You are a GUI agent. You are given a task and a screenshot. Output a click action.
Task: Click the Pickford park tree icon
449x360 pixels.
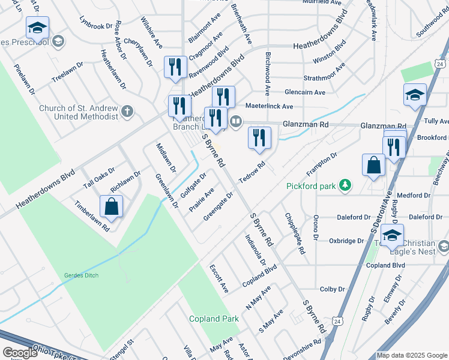tap(345, 185)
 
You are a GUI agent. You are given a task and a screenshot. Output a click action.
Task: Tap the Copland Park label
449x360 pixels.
tap(214, 319)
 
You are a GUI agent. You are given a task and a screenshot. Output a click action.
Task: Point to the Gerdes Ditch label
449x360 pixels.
tap(81, 275)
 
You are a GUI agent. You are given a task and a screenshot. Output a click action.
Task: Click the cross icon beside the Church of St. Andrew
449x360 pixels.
tap(127, 112)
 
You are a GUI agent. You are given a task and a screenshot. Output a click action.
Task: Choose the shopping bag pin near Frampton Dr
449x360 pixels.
tap(373, 166)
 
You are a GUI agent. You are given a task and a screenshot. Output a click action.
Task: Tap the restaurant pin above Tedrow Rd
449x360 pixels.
tap(259, 138)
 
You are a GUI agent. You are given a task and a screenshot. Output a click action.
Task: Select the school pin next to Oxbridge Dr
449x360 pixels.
tap(392, 235)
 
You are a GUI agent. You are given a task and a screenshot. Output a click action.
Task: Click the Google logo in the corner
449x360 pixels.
tap(20, 353)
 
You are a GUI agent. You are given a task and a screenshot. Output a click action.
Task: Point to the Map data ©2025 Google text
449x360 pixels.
tap(412, 355)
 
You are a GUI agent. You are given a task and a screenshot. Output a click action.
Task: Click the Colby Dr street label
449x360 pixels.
tap(333, 289)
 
